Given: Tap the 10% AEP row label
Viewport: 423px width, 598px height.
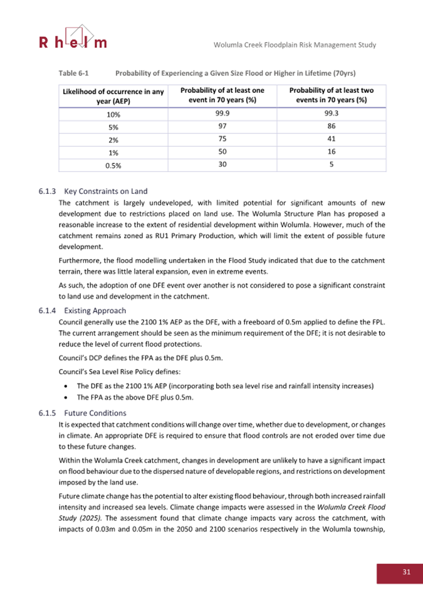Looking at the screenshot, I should pyautogui.click(x=113, y=114).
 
